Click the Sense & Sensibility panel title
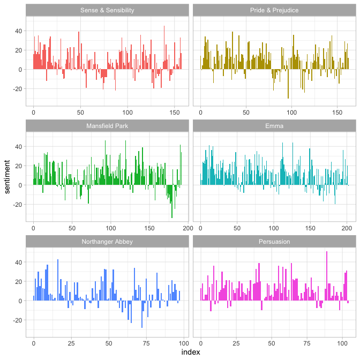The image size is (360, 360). click(107, 10)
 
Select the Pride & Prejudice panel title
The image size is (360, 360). click(274, 10)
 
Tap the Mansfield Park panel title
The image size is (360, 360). click(107, 126)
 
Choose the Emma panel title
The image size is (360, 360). click(274, 126)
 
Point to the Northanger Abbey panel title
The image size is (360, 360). click(107, 242)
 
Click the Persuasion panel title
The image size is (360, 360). click(274, 242)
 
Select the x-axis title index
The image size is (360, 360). click(191, 352)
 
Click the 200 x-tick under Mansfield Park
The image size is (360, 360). click(188, 229)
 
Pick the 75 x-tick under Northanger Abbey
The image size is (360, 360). click(146, 344)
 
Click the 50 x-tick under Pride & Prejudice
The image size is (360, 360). click(246, 113)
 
